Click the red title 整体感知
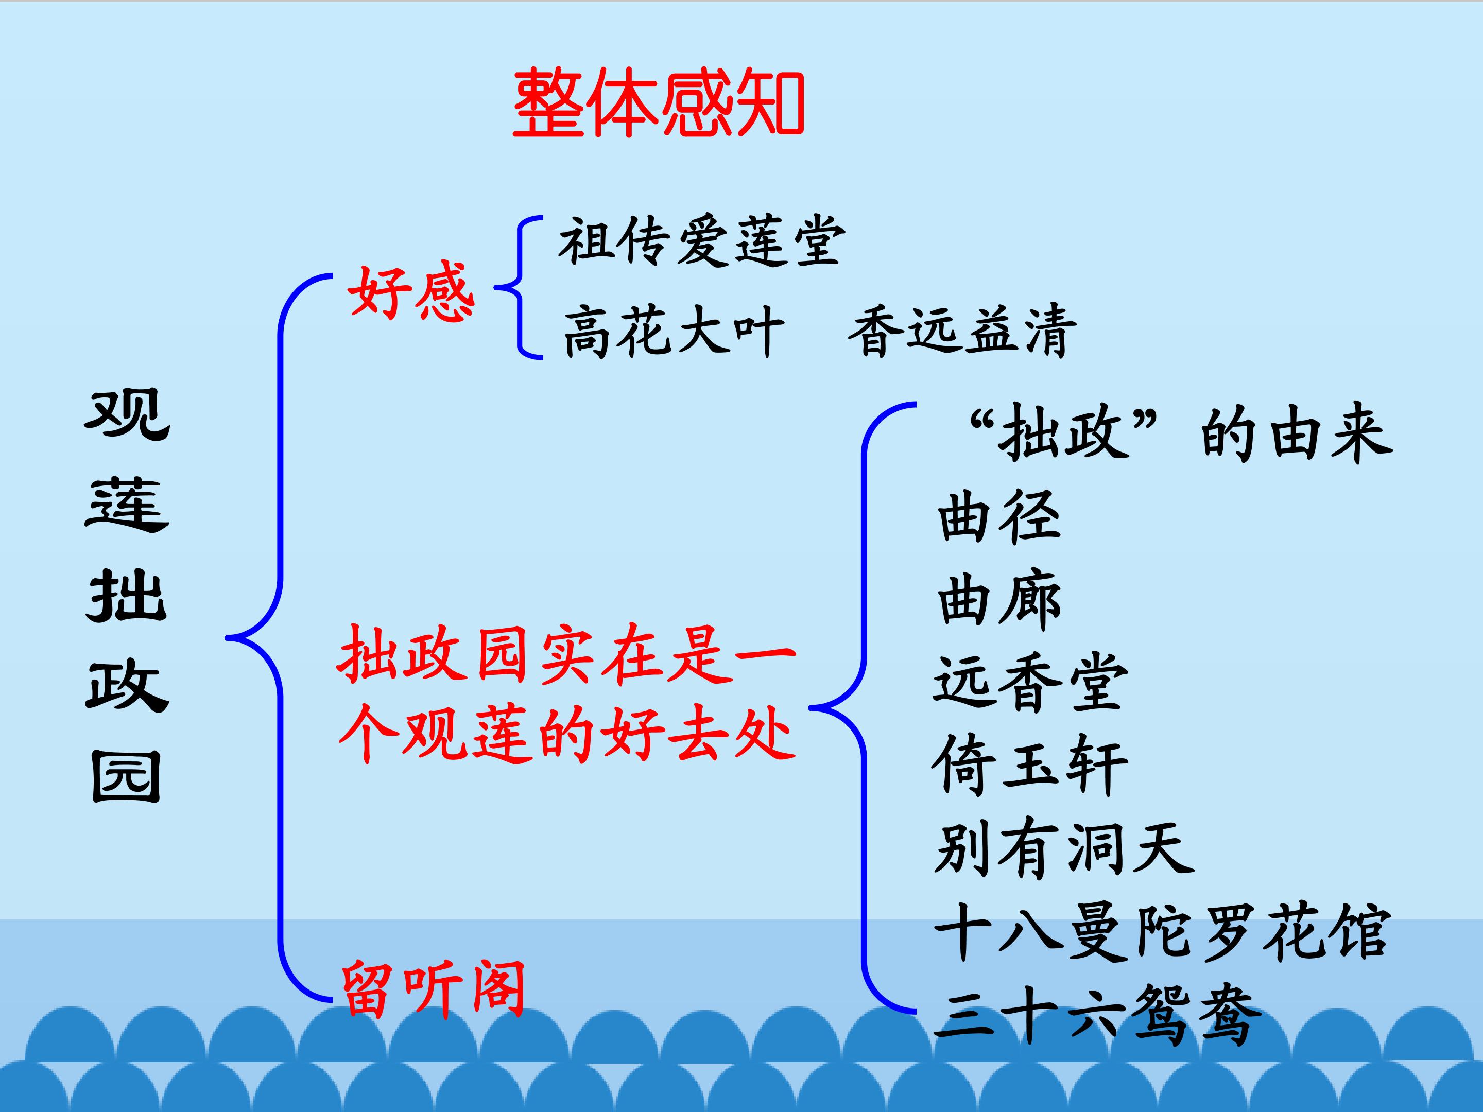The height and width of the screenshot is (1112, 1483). pos(659,102)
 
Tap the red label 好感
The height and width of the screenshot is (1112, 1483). pos(411,292)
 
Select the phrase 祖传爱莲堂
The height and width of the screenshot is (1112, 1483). pos(701,241)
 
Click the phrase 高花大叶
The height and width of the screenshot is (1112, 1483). pos(673,331)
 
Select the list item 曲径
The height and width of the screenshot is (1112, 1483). pos(999,517)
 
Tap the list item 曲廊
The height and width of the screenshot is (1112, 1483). pos(999,600)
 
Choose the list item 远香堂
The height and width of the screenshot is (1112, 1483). pos(1030,682)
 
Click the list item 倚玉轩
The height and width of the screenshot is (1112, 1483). pos(1030,765)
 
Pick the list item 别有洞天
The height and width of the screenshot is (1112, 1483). pos(1063,849)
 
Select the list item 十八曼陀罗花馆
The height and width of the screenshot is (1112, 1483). pos(1162,932)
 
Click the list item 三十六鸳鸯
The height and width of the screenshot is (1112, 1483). pos(1097,1014)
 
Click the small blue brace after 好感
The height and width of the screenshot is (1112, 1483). pos(519,288)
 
